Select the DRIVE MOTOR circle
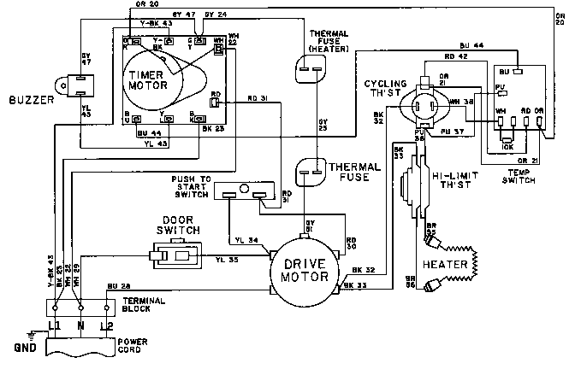(305, 271)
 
